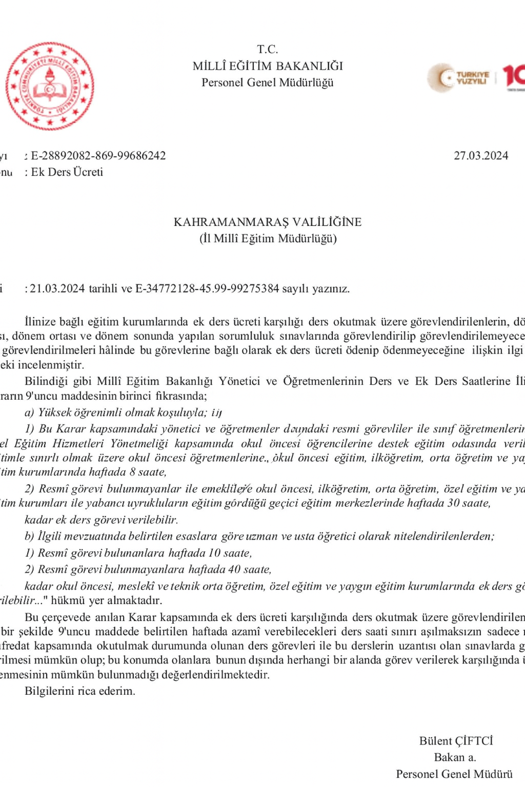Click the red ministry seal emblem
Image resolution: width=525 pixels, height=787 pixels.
[50, 86]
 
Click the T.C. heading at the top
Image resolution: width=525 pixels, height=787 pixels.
[267, 49]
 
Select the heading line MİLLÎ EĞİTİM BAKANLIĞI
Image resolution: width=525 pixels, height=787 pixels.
[267, 66]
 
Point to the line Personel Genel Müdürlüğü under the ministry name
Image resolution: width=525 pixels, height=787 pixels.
[267, 82]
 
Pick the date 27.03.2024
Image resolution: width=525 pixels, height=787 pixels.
[480, 156]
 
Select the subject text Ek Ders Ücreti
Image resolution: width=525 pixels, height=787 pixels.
[67, 172]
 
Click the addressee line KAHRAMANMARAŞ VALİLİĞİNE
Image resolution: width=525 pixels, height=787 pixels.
[267, 222]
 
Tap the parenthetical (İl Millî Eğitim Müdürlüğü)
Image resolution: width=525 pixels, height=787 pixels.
[268, 238]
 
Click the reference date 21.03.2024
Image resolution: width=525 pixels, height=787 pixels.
[57, 288]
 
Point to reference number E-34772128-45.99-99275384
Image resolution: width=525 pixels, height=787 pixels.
[207, 288]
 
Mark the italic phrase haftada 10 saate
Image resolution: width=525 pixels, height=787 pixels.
[210, 553]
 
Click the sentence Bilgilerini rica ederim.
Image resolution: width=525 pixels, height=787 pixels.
[80, 691]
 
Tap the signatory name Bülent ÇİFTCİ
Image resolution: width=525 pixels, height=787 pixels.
[456, 741]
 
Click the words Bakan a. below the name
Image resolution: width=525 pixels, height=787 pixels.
[455, 757]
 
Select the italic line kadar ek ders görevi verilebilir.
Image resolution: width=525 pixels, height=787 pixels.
[101, 520]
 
